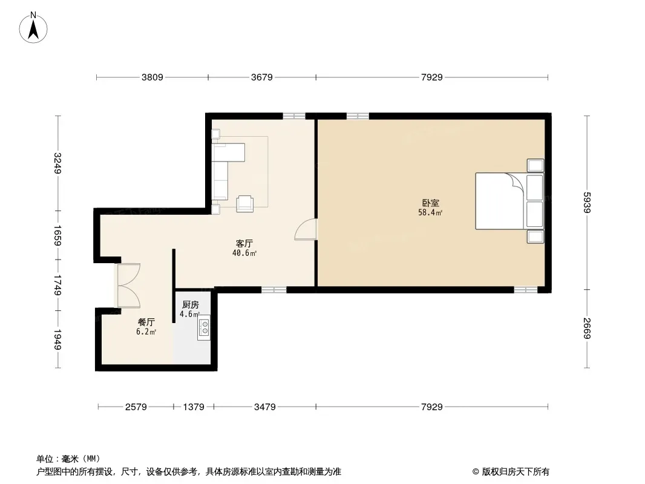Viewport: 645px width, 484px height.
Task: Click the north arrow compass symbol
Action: coord(33,28)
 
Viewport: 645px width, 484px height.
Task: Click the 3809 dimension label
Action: coord(152,77)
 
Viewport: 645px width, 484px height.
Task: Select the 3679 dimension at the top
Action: coord(261,77)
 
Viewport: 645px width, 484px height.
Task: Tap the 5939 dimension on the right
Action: coord(587,202)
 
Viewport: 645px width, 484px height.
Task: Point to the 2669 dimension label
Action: coord(587,329)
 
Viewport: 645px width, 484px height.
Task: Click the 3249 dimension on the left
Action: coord(57,163)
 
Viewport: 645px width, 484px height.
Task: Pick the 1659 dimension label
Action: coord(57,235)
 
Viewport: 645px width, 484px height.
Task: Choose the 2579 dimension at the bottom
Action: coord(136,407)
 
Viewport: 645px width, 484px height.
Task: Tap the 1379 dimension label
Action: coord(194,407)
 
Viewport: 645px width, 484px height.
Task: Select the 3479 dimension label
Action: coord(264,407)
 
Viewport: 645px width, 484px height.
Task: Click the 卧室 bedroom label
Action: coord(431,203)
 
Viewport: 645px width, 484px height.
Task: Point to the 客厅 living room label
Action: coord(244,243)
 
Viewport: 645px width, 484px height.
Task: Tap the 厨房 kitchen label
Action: coord(191,305)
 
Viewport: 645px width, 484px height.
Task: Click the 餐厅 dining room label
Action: coord(146,322)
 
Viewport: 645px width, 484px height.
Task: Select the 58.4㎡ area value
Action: coord(430,212)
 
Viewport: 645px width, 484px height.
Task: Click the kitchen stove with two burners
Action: coord(204,327)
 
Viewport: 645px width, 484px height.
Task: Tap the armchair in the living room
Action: coord(245,203)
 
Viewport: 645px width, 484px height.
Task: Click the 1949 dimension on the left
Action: coord(57,339)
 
